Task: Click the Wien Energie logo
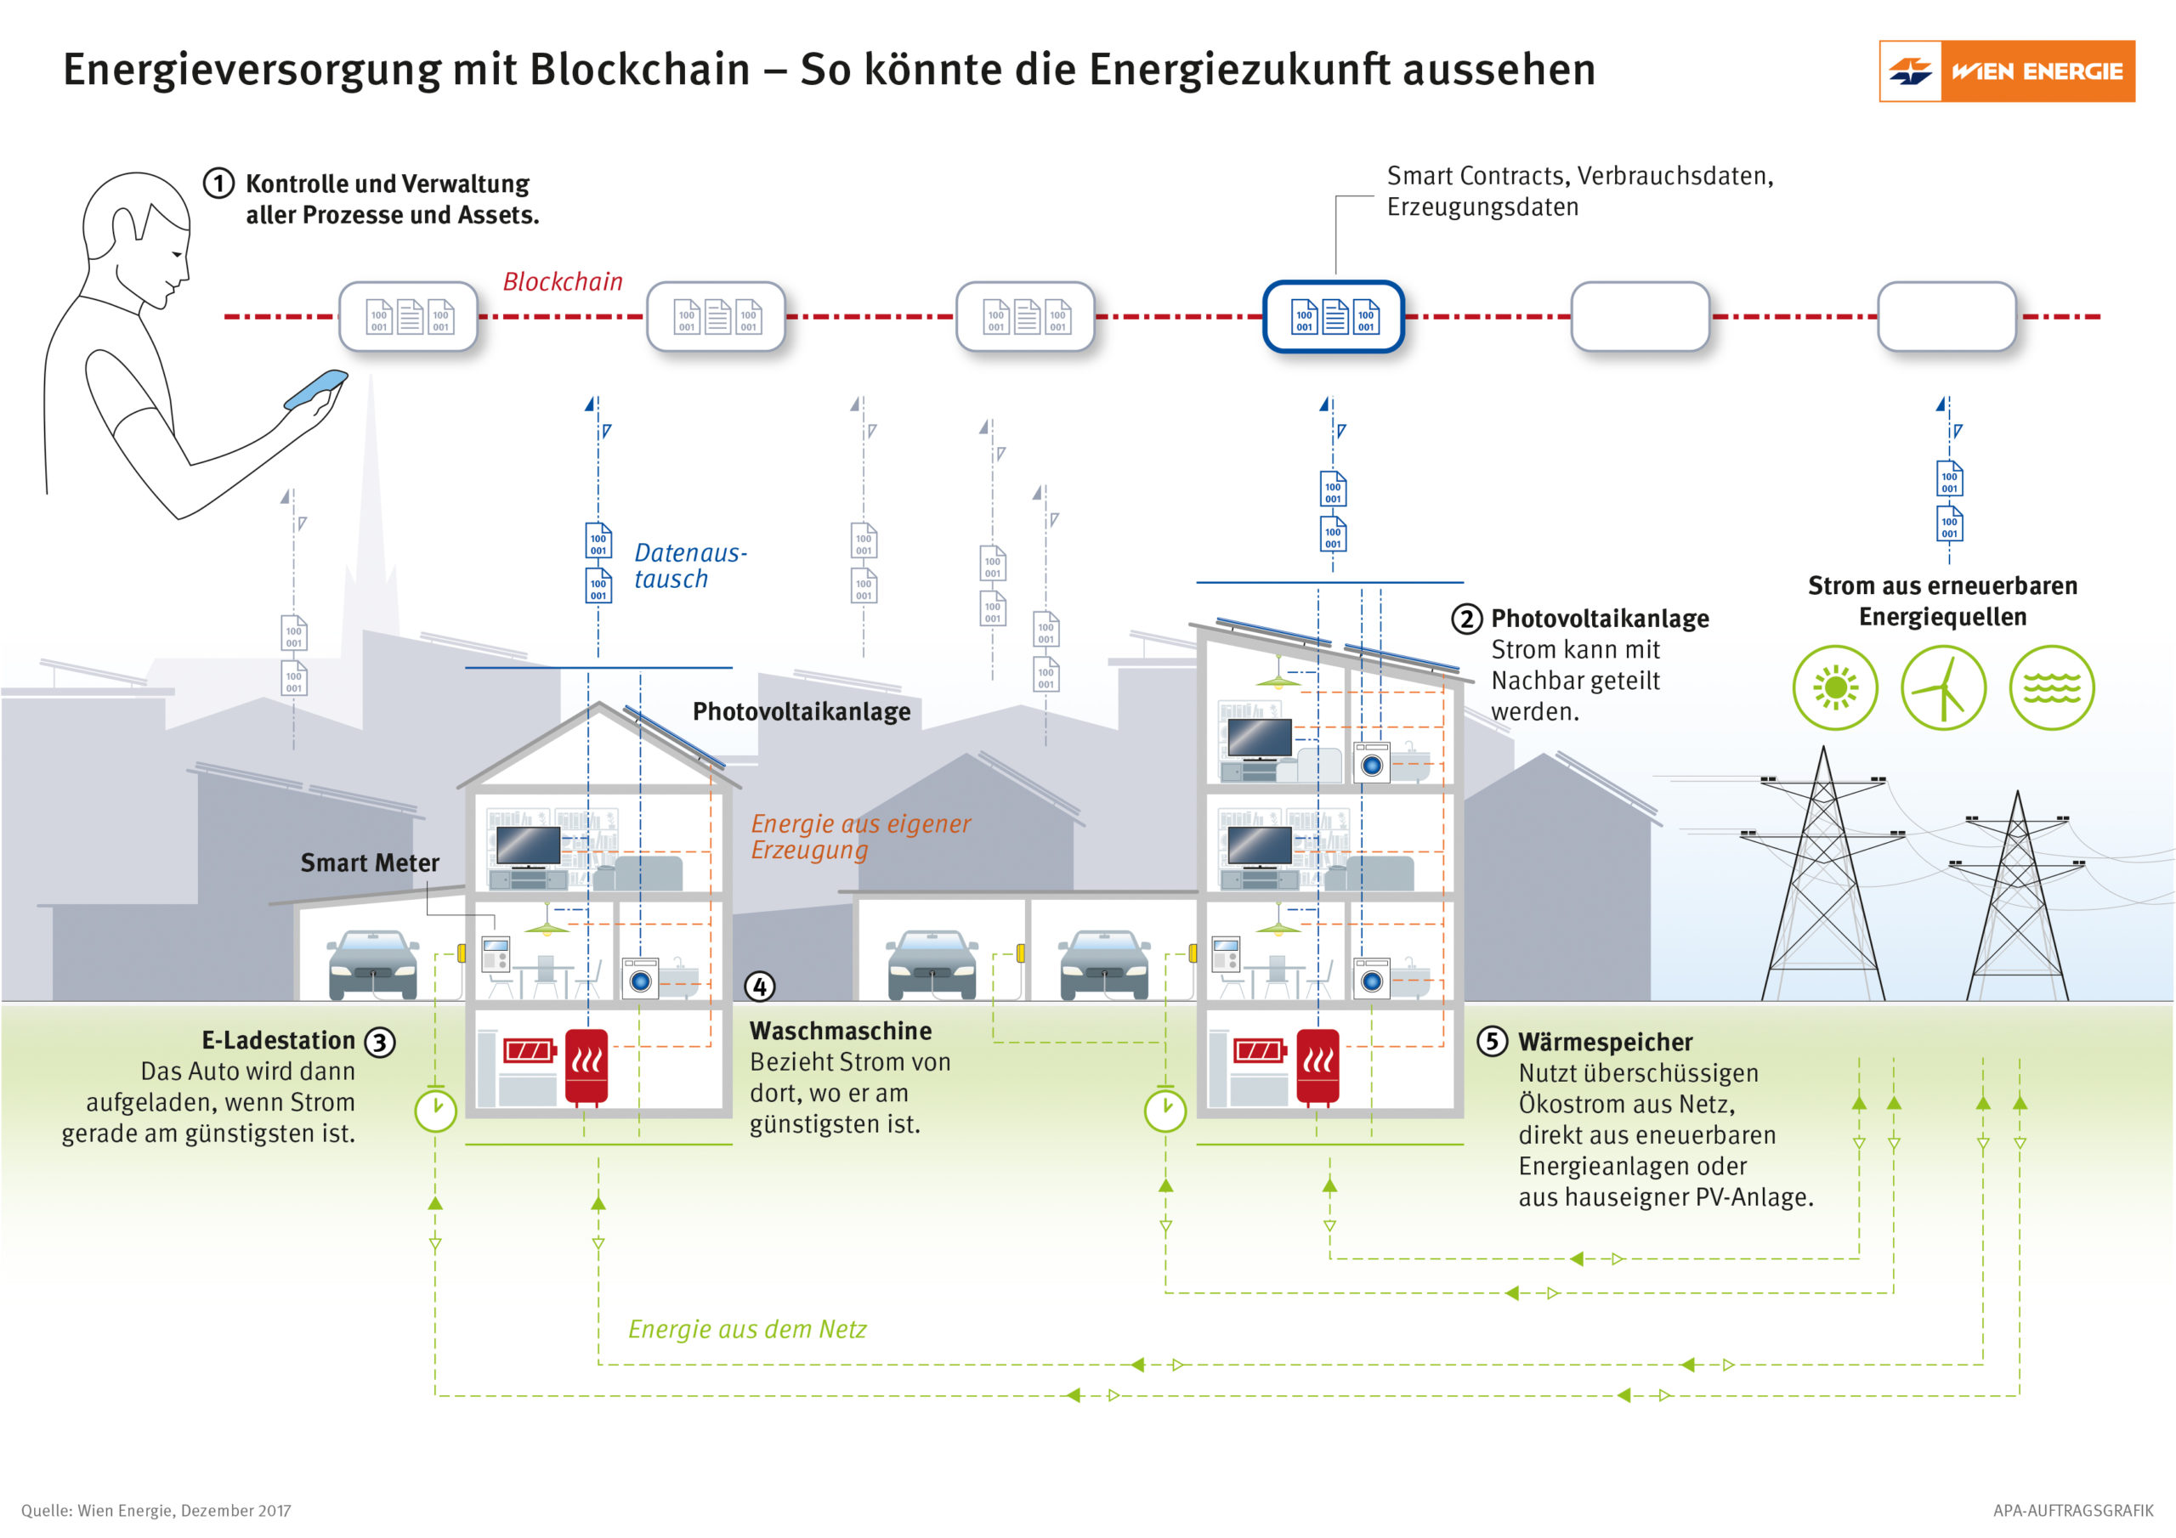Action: (x=2005, y=71)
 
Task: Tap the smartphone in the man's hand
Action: (x=315, y=388)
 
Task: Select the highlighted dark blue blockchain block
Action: (x=1333, y=316)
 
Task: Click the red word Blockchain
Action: (x=562, y=281)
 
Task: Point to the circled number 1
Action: (x=219, y=183)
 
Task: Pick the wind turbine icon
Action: (x=1943, y=688)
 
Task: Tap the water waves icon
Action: (x=2051, y=688)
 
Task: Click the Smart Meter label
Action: (x=370, y=862)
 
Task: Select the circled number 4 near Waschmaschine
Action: (x=759, y=987)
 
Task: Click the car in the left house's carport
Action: (x=373, y=964)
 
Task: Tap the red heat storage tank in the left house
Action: (x=586, y=1066)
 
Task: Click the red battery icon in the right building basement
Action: (x=1259, y=1050)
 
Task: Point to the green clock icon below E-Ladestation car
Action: (x=436, y=1110)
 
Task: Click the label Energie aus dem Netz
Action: (x=747, y=1329)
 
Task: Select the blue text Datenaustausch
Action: (x=689, y=566)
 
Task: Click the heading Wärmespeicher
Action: (x=1605, y=1042)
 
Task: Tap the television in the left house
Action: (x=528, y=845)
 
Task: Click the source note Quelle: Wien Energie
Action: (x=156, y=1511)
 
